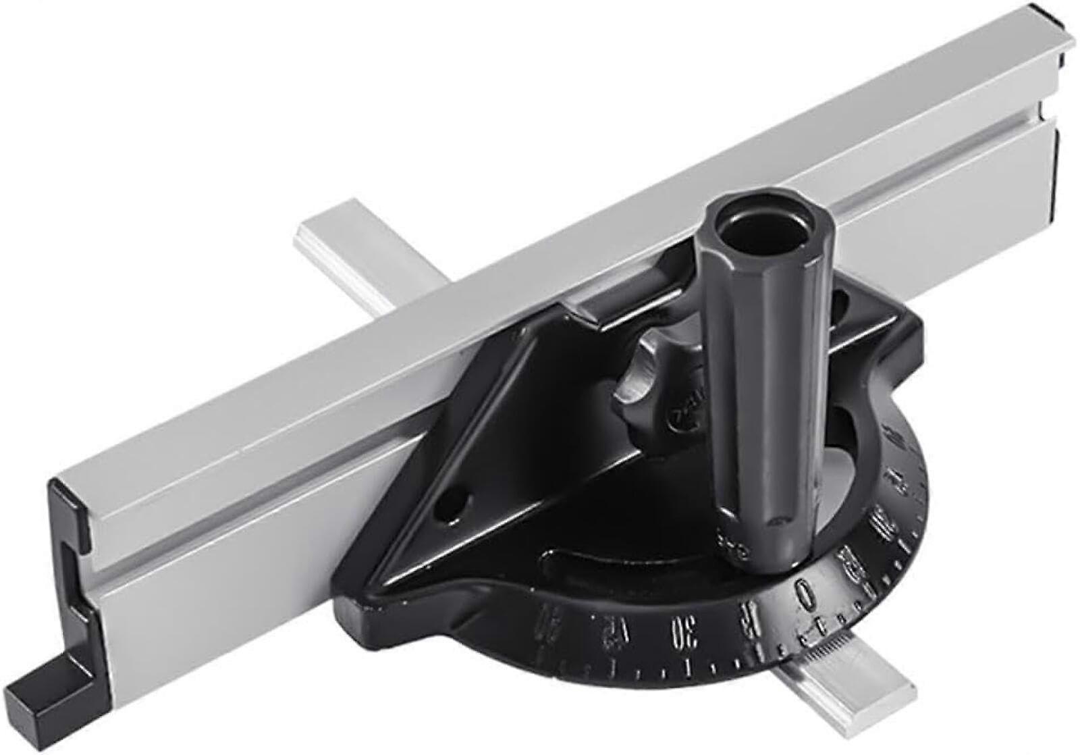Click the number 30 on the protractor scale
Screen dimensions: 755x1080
pyautogui.click(x=675, y=633)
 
